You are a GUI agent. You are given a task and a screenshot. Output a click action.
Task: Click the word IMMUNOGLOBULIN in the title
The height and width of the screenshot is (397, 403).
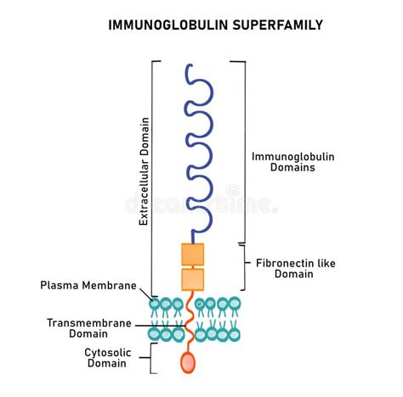(x=168, y=25)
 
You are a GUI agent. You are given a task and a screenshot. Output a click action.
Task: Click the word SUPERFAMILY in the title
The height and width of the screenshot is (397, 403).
(x=278, y=25)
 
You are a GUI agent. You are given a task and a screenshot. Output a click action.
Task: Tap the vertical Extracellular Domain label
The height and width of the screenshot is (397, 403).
(x=144, y=171)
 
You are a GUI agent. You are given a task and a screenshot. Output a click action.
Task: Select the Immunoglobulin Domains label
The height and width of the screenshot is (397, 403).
(x=293, y=162)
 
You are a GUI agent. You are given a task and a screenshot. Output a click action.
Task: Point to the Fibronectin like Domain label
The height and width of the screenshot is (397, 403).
(x=296, y=269)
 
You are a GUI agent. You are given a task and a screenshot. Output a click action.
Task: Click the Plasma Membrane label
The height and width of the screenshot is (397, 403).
(x=88, y=285)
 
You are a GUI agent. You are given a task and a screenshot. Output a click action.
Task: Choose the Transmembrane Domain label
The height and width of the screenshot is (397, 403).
(x=89, y=328)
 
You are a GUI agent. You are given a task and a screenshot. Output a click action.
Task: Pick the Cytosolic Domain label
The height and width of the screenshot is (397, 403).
(x=107, y=358)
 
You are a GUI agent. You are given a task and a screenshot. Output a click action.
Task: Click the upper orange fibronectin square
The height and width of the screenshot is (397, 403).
(x=193, y=254)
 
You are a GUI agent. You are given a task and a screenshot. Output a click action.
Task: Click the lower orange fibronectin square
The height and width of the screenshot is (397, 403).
(x=193, y=280)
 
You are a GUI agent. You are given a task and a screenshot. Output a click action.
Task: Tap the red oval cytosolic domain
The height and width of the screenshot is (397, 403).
(x=188, y=362)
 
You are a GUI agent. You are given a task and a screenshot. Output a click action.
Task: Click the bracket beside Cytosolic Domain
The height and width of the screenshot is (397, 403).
(x=151, y=358)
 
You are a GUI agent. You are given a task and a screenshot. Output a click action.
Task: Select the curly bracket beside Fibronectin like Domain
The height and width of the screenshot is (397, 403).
(x=244, y=267)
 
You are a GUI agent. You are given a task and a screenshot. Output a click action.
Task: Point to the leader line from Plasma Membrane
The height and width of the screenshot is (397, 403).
(x=146, y=294)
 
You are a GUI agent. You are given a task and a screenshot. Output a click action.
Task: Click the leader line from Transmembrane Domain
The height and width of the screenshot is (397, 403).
(x=161, y=326)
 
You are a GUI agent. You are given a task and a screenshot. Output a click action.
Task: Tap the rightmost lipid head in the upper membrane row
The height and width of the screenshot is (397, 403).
(x=235, y=304)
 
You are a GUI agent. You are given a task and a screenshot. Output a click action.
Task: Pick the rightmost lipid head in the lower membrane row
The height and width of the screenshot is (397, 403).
(x=234, y=335)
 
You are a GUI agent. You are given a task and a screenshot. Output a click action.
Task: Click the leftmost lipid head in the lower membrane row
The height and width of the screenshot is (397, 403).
(x=154, y=334)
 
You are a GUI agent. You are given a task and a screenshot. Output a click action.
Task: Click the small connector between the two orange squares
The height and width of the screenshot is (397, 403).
(x=193, y=267)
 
